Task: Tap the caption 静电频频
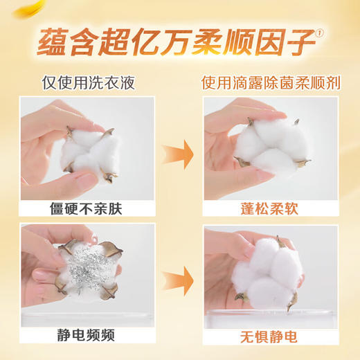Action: (88, 339)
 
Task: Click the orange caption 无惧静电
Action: (271, 339)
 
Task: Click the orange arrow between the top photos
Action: (179, 152)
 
